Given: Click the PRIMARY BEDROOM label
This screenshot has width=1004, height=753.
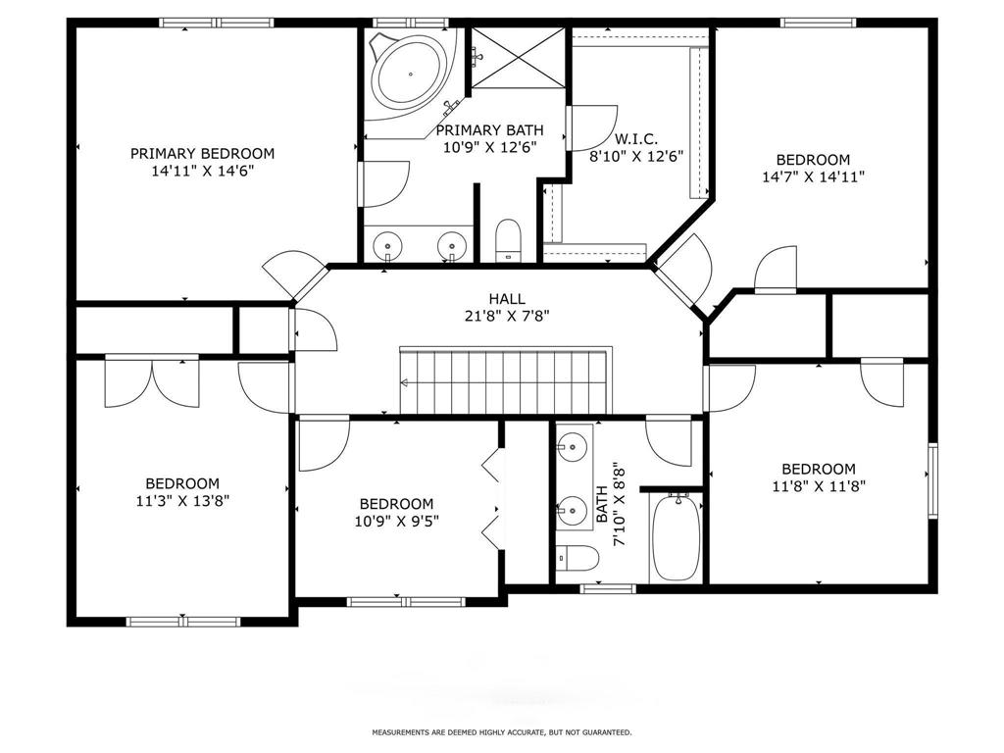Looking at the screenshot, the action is point(202,154).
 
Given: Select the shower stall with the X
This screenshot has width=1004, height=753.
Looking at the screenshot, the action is point(518,58).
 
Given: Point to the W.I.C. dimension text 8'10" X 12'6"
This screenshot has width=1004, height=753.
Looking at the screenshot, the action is point(636,156).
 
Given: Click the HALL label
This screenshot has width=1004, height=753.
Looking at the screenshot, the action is point(507,298).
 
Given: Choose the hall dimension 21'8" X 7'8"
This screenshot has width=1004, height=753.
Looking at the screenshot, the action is point(507,316).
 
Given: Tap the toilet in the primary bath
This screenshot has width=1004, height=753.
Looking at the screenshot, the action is point(509,240).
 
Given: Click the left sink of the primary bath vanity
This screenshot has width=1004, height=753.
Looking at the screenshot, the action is point(388,244).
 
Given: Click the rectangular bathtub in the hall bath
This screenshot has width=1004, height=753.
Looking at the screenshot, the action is point(677,537).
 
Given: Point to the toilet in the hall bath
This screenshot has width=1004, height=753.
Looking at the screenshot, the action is point(577,558).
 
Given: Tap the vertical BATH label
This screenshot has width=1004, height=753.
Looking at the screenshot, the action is point(602,505).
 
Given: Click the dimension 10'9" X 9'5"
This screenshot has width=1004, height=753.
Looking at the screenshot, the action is point(396,522).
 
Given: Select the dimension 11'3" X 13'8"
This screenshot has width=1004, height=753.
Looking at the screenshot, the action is point(182,501).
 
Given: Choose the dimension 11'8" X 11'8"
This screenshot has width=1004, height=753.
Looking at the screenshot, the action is point(819,486).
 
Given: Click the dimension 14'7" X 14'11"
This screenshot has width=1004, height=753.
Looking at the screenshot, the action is point(813,176).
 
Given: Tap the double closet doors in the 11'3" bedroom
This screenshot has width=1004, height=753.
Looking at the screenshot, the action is point(152,382).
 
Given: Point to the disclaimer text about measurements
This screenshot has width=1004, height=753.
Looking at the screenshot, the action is point(502,731).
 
